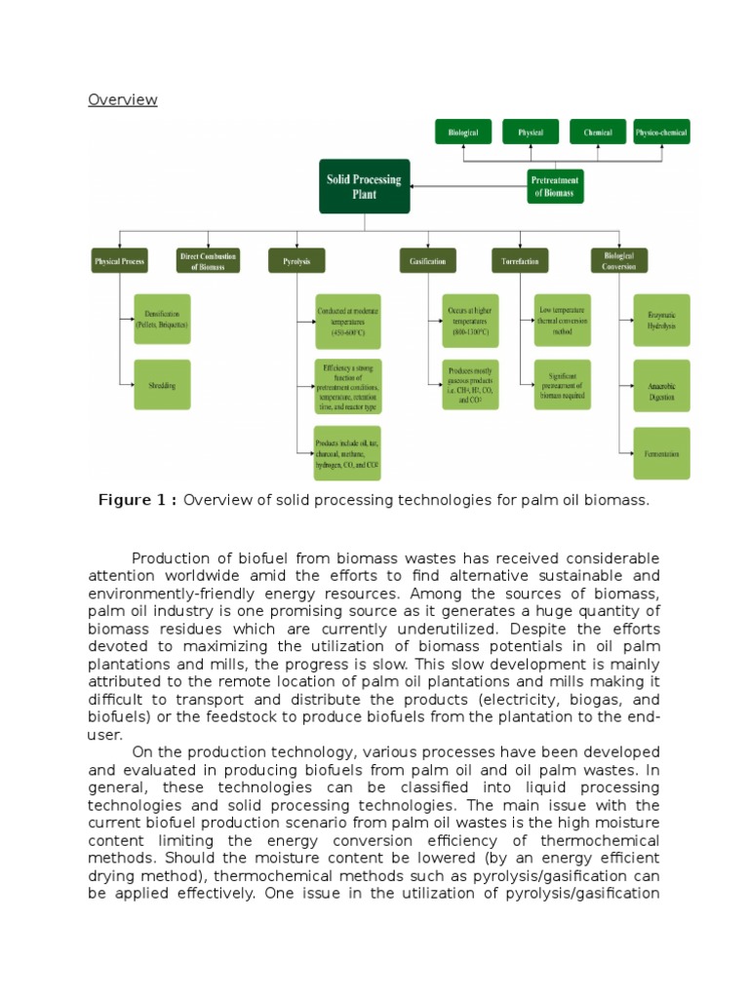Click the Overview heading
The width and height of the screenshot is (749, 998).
(122, 99)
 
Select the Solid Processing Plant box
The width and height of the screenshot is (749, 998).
(365, 186)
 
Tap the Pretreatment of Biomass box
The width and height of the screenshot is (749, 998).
(554, 186)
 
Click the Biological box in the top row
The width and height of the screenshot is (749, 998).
(463, 133)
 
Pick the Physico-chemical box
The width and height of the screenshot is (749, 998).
(661, 133)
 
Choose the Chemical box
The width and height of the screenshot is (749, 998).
(598, 133)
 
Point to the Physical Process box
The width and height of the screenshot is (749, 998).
(120, 261)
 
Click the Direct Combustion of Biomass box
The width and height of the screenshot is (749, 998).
(208, 261)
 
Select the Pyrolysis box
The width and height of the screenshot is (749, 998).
(296, 261)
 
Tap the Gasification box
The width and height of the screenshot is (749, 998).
(427, 261)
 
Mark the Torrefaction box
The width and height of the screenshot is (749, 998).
(520, 261)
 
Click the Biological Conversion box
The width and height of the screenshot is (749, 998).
(618, 261)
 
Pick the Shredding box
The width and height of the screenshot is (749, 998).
(162, 385)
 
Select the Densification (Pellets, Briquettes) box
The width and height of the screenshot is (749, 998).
(162, 319)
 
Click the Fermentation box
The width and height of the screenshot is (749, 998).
(661, 453)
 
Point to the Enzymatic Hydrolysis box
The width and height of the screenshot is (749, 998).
(661, 320)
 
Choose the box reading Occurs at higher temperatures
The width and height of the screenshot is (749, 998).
(469, 320)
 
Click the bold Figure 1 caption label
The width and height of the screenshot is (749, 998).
(138, 500)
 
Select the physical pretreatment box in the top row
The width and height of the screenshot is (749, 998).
(531, 133)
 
